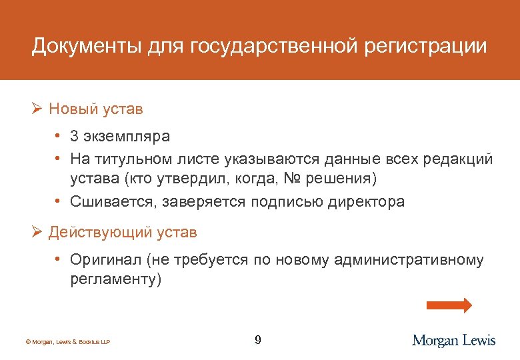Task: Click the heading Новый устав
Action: [x=96, y=108]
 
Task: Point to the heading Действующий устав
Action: [x=123, y=232]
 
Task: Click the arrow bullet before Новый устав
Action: [x=37, y=108]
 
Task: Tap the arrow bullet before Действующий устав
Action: [x=37, y=232]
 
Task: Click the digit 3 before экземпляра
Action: [x=75, y=136]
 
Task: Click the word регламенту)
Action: [x=116, y=279]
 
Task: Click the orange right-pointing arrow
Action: [x=449, y=305]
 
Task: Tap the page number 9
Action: [x=258, y=341]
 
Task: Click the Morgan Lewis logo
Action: [x=454, y=340]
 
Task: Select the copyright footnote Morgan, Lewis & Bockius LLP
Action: [x=67, y=342]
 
